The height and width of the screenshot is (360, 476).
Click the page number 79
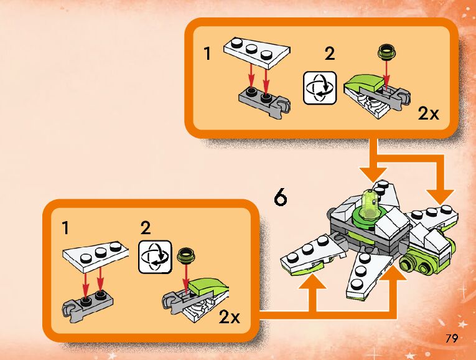451,338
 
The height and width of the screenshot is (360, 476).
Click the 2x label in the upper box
428,113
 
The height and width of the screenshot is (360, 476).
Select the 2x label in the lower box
229,317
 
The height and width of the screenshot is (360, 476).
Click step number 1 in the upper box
207,54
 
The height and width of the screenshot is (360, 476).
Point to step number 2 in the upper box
330,54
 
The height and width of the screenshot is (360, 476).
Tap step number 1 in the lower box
65,227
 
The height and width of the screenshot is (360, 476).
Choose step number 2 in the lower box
146,227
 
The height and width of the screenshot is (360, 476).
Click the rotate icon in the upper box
320,87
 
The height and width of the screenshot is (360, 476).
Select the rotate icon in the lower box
155,257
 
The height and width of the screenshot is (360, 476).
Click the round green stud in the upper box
386,52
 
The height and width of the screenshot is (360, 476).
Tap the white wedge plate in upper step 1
257,52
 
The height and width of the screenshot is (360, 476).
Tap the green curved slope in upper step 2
364,82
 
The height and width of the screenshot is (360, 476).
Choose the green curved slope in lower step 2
207,287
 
